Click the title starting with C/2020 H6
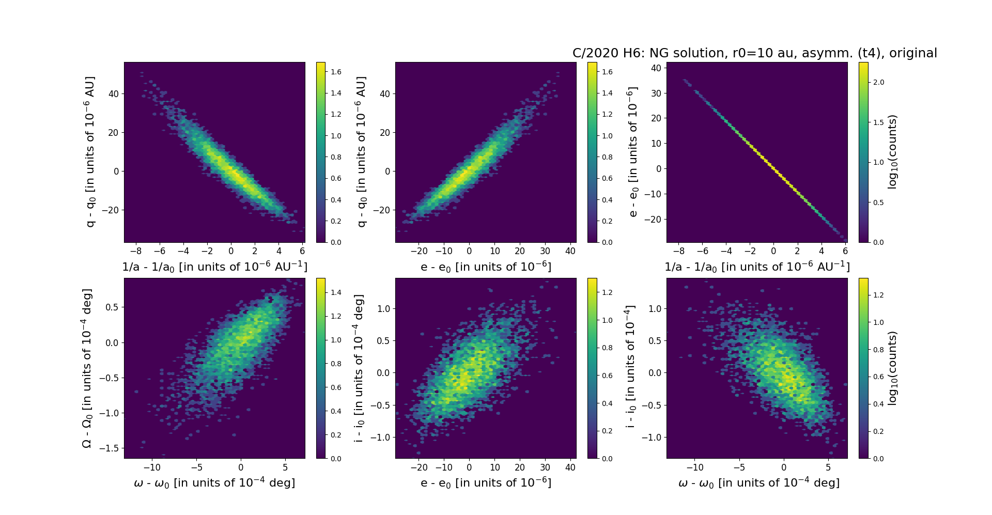pos(754,53)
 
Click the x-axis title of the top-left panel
pos(214,267)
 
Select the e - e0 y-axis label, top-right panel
pos(631,152)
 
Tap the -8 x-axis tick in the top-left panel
pos(135,251)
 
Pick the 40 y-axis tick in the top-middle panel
pos(384,94)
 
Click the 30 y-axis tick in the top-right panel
pos(656,93)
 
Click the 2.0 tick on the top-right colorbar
pos(878,82)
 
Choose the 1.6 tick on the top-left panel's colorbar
pos(336,72)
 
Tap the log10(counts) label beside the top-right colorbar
pos(892,152)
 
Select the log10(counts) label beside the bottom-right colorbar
pos(892,368)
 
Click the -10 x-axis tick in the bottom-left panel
pos(152,467)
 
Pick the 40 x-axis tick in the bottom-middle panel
pos(570,467)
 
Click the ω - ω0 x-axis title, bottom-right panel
pos(758,483)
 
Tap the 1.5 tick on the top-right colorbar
pos(878,122)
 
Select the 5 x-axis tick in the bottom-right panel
pos(828,467)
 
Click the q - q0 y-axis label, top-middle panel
pos(361,152)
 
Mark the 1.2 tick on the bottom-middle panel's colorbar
pos(607,292)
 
